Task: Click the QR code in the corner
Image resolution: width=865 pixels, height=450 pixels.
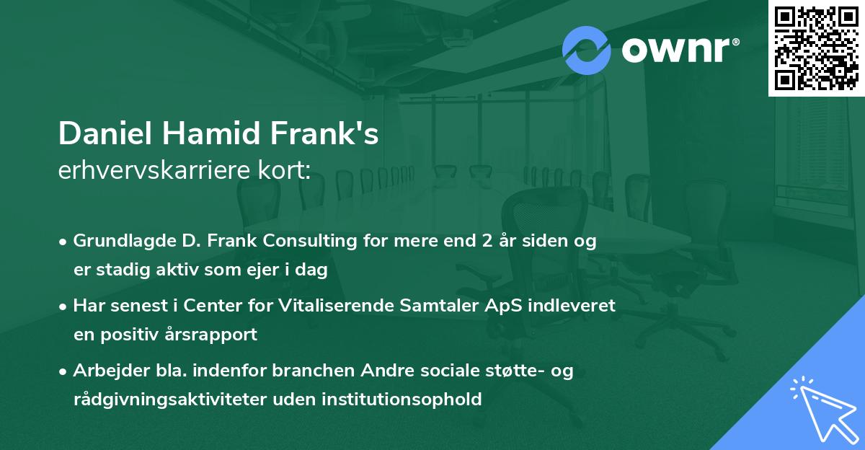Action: [x=816, y=48]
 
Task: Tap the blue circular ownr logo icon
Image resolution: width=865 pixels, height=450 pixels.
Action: [x=587, y=50]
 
